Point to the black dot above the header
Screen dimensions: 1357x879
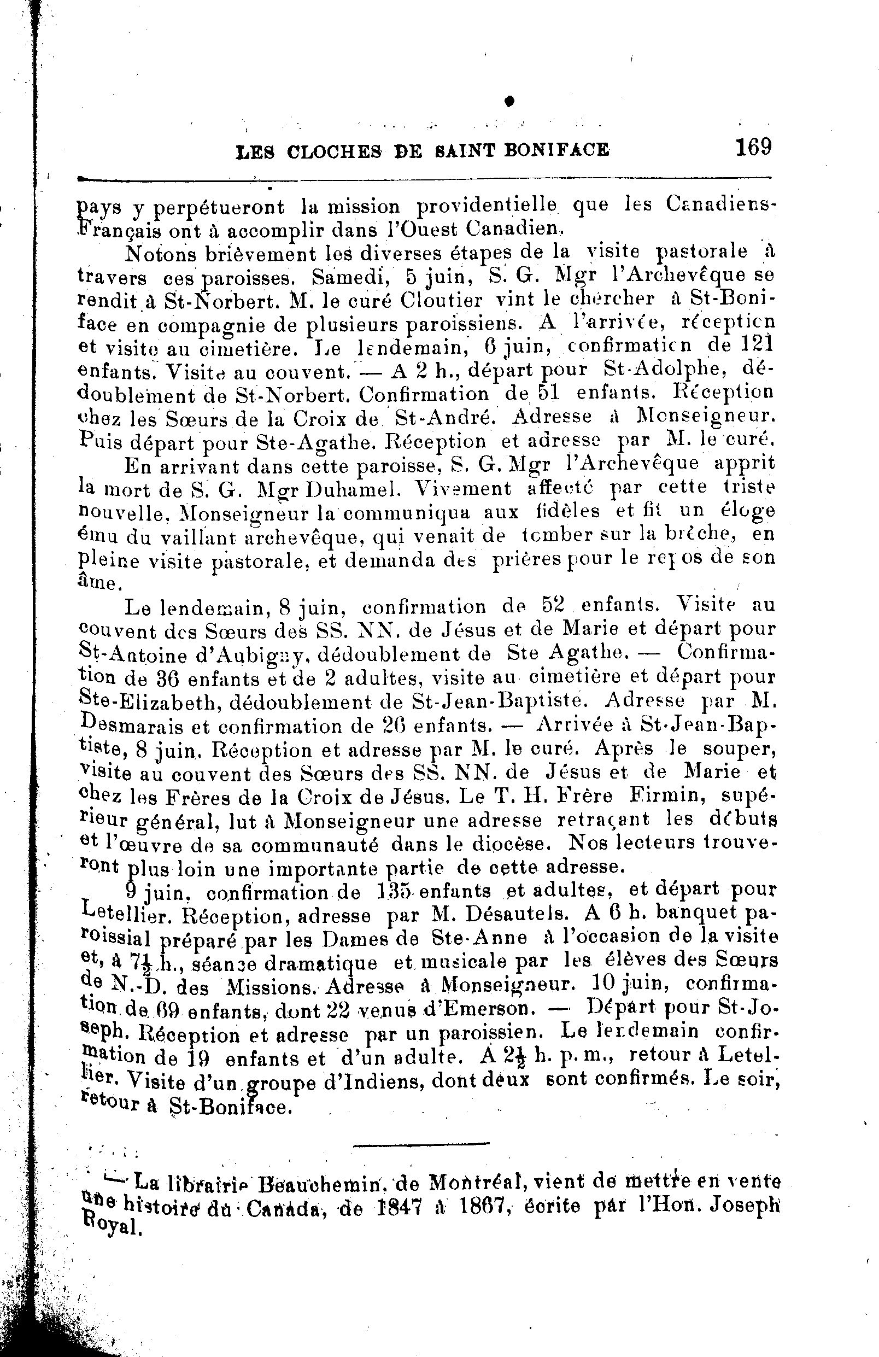click(509, 101)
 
